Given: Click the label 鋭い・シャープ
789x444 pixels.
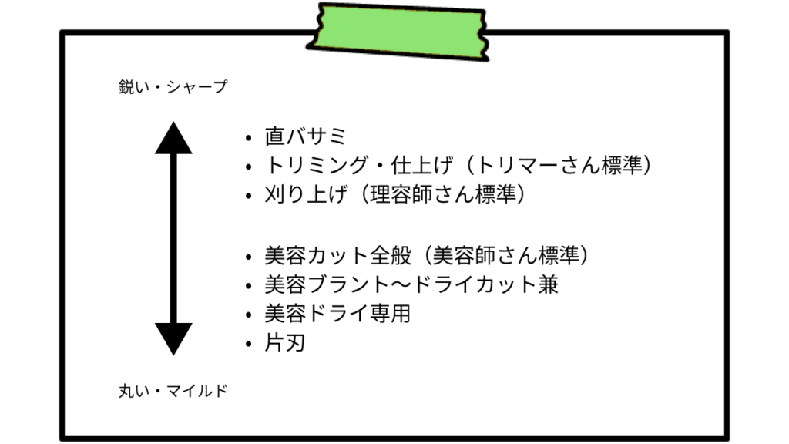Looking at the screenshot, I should tap(173, 87).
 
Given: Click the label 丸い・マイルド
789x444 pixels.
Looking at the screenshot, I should tap(173, 391).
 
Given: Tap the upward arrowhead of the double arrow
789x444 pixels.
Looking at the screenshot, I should tap(173, 139).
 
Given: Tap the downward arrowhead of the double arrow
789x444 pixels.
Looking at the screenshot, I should tap(173, 338).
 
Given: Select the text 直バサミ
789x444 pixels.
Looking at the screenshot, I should tap(306, 137).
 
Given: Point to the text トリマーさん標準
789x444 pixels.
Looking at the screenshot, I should tap(560, 166).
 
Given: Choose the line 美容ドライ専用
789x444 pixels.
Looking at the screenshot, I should tap(337, 314).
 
